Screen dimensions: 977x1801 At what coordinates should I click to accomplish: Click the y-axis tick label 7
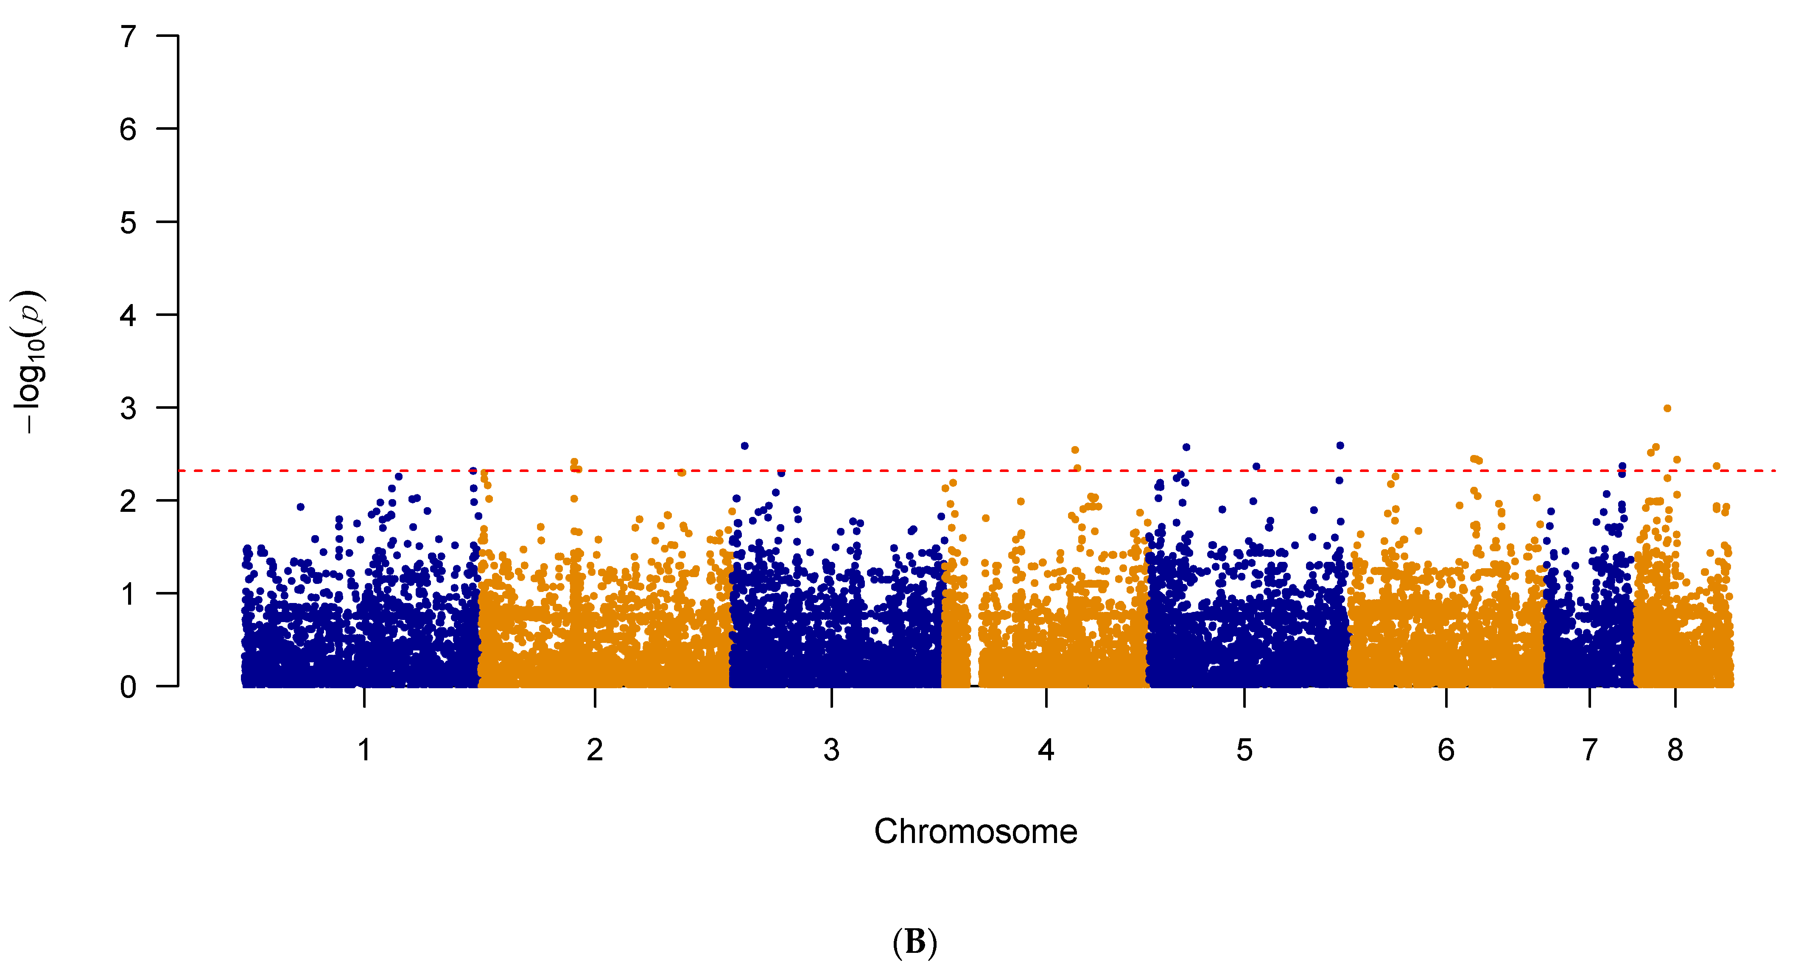[x=128, y=36]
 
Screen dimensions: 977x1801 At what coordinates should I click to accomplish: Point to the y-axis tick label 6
[x=128, y=129]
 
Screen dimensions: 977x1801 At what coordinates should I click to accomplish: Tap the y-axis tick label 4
[x=128, y=316]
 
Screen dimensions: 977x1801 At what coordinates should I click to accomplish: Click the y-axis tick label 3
[x=128, y=408]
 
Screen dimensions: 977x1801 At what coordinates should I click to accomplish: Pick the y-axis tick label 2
[x=128, y=501]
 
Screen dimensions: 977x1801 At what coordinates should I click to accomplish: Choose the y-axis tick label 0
[x=128, y=687]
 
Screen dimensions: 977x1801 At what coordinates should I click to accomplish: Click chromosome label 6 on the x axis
[x=1446, y=750]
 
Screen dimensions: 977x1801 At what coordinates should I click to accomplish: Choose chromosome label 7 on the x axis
[x=1589, y=750]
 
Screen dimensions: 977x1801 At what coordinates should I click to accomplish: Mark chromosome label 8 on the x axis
[x=1675, y=750]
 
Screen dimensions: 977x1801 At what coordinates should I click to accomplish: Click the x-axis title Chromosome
[x=975, y=832]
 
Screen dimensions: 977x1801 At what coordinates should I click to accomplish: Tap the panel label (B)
[x=914, y=942]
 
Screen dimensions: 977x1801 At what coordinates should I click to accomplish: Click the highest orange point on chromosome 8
[x=1667, y=408]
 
